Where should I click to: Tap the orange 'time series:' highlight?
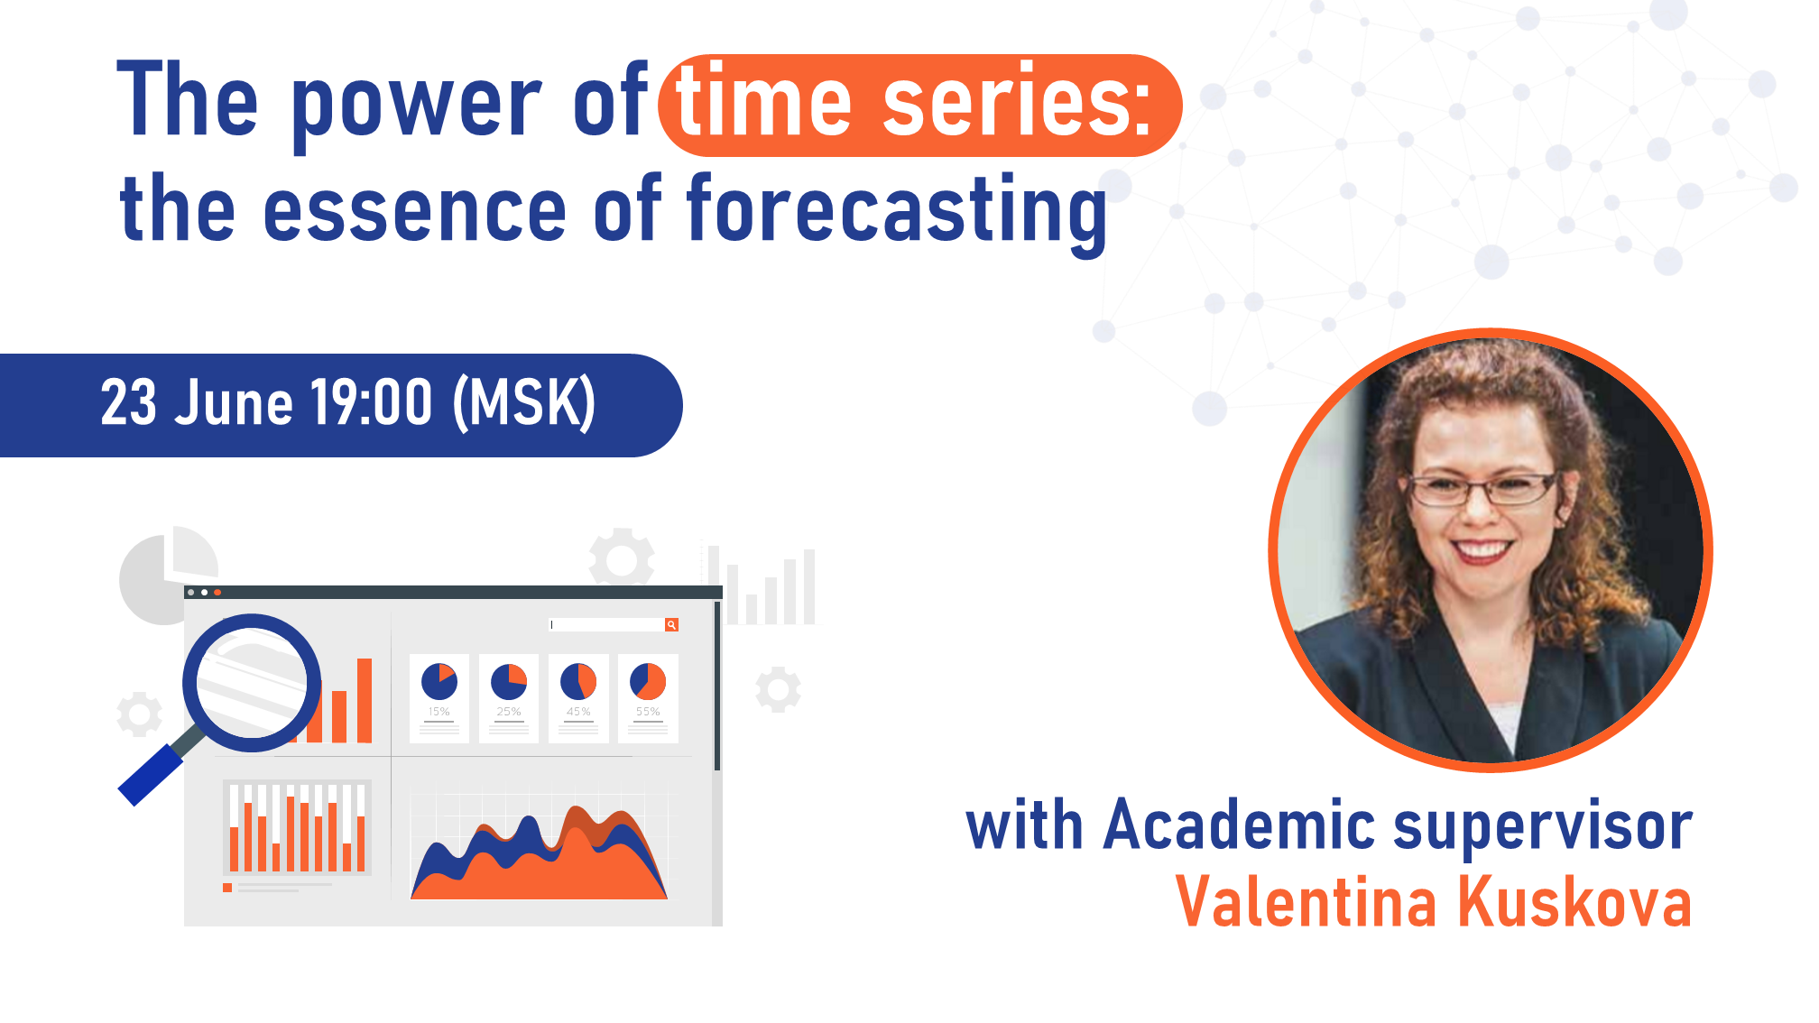tap(919, 105)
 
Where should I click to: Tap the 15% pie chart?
tap(439, 682)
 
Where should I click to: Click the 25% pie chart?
tap(509, 682)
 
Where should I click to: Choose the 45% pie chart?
tap(578, 682)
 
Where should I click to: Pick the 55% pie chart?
tap(648, 682)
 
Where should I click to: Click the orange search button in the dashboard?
tap(671, 624)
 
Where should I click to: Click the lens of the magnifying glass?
tap(252, 683)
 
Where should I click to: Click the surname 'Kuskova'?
tap(1574, 903)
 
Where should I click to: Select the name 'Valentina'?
tap(1306, 903)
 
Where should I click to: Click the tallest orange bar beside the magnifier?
tap(365, 700)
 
